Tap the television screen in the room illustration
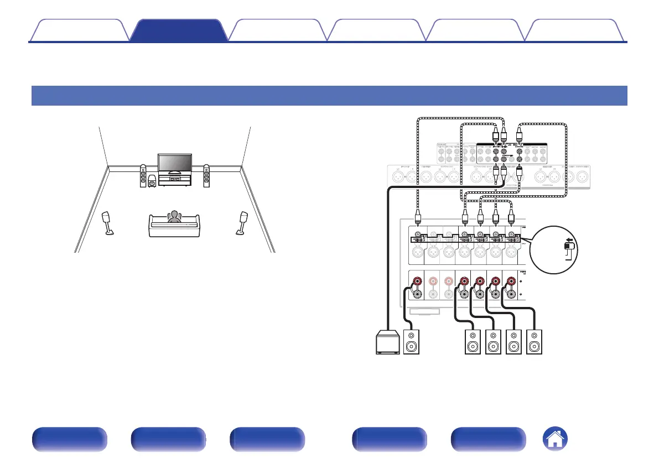point(174,164)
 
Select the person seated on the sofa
point(175,217)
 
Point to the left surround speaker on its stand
point(109,222)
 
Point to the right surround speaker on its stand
point(242,222)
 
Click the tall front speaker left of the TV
point(143,176)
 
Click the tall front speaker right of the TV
point(206,176)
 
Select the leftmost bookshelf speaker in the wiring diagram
point(412,342)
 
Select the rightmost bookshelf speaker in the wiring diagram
point(535,342)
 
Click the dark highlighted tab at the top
point(178,30)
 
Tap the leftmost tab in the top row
point(79,30)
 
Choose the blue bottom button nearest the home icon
point(489,440)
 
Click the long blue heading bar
point(329,95)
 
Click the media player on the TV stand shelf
point(174,179)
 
